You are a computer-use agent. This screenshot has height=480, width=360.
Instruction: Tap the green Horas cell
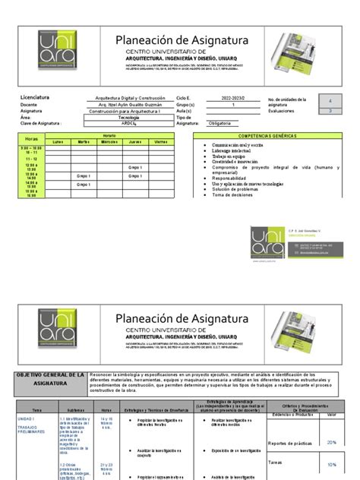[30, 139]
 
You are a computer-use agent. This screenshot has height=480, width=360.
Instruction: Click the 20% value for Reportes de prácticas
[331, 442]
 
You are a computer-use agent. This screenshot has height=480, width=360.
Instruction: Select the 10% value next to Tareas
[331, 464]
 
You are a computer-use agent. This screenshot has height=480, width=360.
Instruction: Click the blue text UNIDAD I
[27, 418]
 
